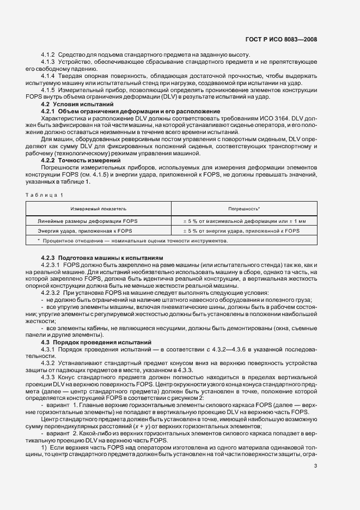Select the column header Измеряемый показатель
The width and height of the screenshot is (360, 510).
[x=98, y=209]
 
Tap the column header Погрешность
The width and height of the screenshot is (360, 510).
[x=243, y=209]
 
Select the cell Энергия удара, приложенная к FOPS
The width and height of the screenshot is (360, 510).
[x=84, y=231]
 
